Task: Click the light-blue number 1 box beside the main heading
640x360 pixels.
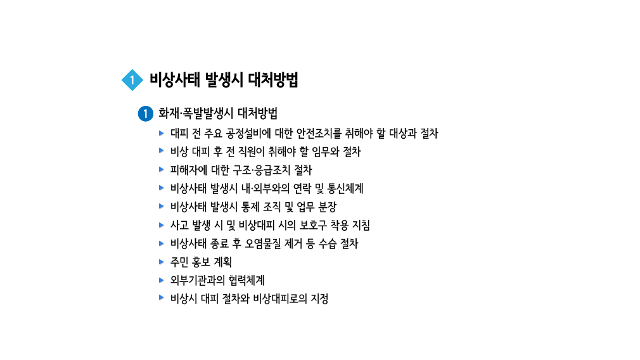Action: coord(132,80)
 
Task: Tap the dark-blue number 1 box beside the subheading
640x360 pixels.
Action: coord(145,114)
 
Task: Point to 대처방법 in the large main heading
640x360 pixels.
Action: coord(273,80)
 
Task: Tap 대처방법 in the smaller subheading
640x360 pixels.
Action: coord(257,114)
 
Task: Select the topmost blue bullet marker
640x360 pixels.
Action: coord(162,130)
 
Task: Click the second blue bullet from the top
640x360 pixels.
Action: coord(162,147)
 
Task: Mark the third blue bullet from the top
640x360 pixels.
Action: coord(162,165)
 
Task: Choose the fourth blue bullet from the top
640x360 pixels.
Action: coord(162,184)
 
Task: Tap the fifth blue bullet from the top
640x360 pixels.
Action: coord(162,202)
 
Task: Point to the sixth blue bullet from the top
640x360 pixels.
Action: coord(162,221)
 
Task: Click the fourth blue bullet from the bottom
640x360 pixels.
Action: coord(162,239)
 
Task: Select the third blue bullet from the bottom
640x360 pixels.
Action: coord(162,257)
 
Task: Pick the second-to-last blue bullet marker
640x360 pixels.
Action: coord(162,276)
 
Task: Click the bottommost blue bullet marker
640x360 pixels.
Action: coord(162,294)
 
